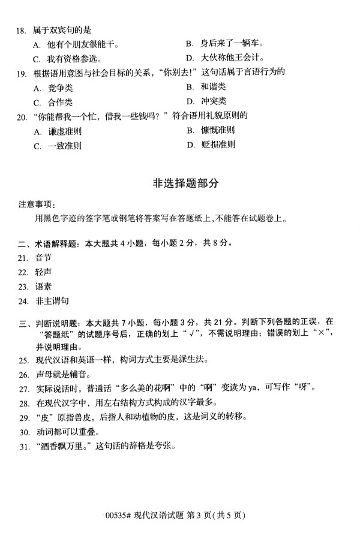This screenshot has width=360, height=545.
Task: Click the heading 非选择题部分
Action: click(181, 184)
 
